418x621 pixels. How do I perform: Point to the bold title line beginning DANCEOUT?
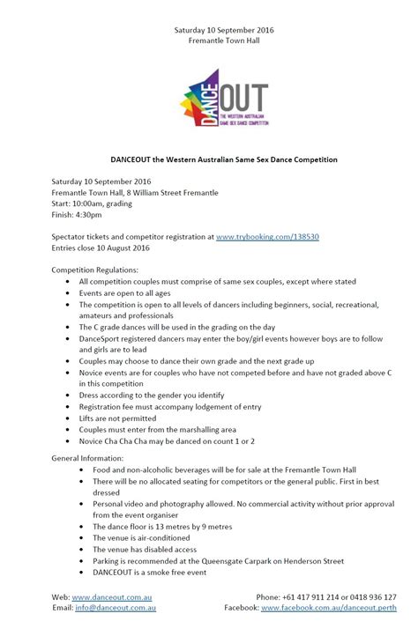[209, 159]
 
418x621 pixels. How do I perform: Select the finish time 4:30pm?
[86, 215]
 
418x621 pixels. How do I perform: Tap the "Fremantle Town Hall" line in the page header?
[209, 41]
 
